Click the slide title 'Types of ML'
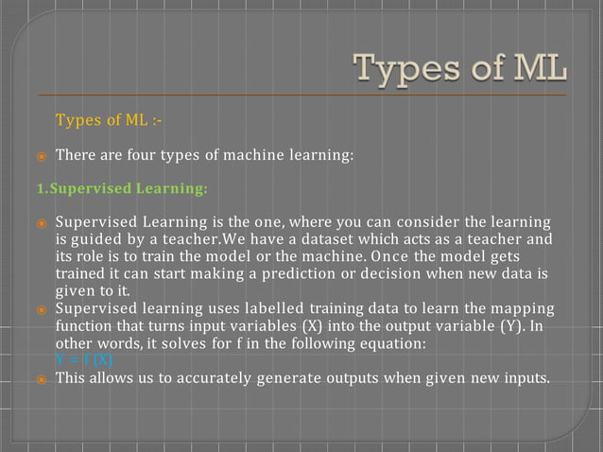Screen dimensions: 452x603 (460, 69)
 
